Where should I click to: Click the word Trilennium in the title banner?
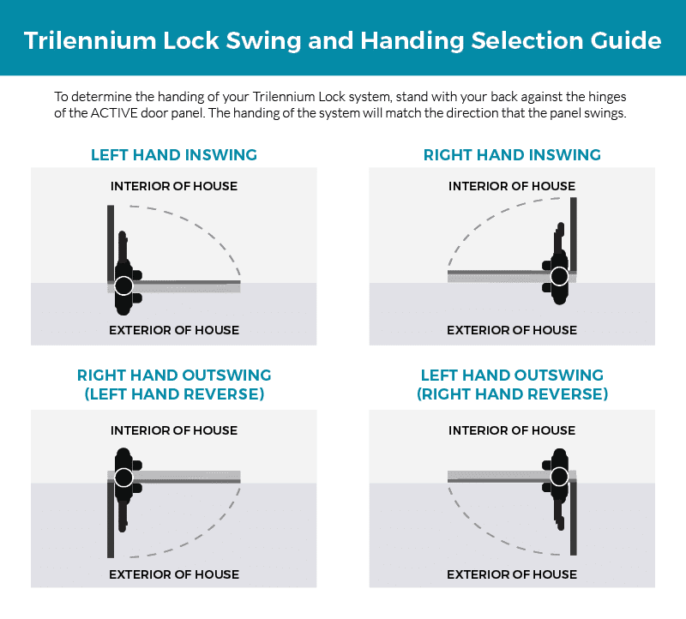pyautogui.click(x=90, y=40)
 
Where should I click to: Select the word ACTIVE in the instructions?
pyautogui.click(x=114, y=113)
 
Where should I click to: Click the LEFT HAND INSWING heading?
pyautogui.click(x=174, y=155)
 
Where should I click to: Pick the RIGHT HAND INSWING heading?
pyautogui.click(x=512, y=155)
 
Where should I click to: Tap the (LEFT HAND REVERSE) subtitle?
pyautogui.click(x=174, y=394)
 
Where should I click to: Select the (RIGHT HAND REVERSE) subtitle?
pyautogui.click(x=512, y=394)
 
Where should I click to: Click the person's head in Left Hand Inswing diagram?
pyautogui.click(x=123, y=285)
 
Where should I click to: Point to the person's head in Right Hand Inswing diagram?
pyautogui.click(x=559, y=276)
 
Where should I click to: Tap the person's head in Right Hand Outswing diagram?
pyautogui.click(x=123, y=478)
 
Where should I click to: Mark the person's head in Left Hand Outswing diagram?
pyautogui.click(x=559, y=477)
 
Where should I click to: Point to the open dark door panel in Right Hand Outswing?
pyautogui.click(x=111, y=520)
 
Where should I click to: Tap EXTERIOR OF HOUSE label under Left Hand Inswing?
pyautogui.click(x=174, y=330)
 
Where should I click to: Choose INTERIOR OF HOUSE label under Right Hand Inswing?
pyautogui.click(x=512, y=186)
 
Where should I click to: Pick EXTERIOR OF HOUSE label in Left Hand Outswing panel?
pyautogui.click(x=512, y=574)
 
